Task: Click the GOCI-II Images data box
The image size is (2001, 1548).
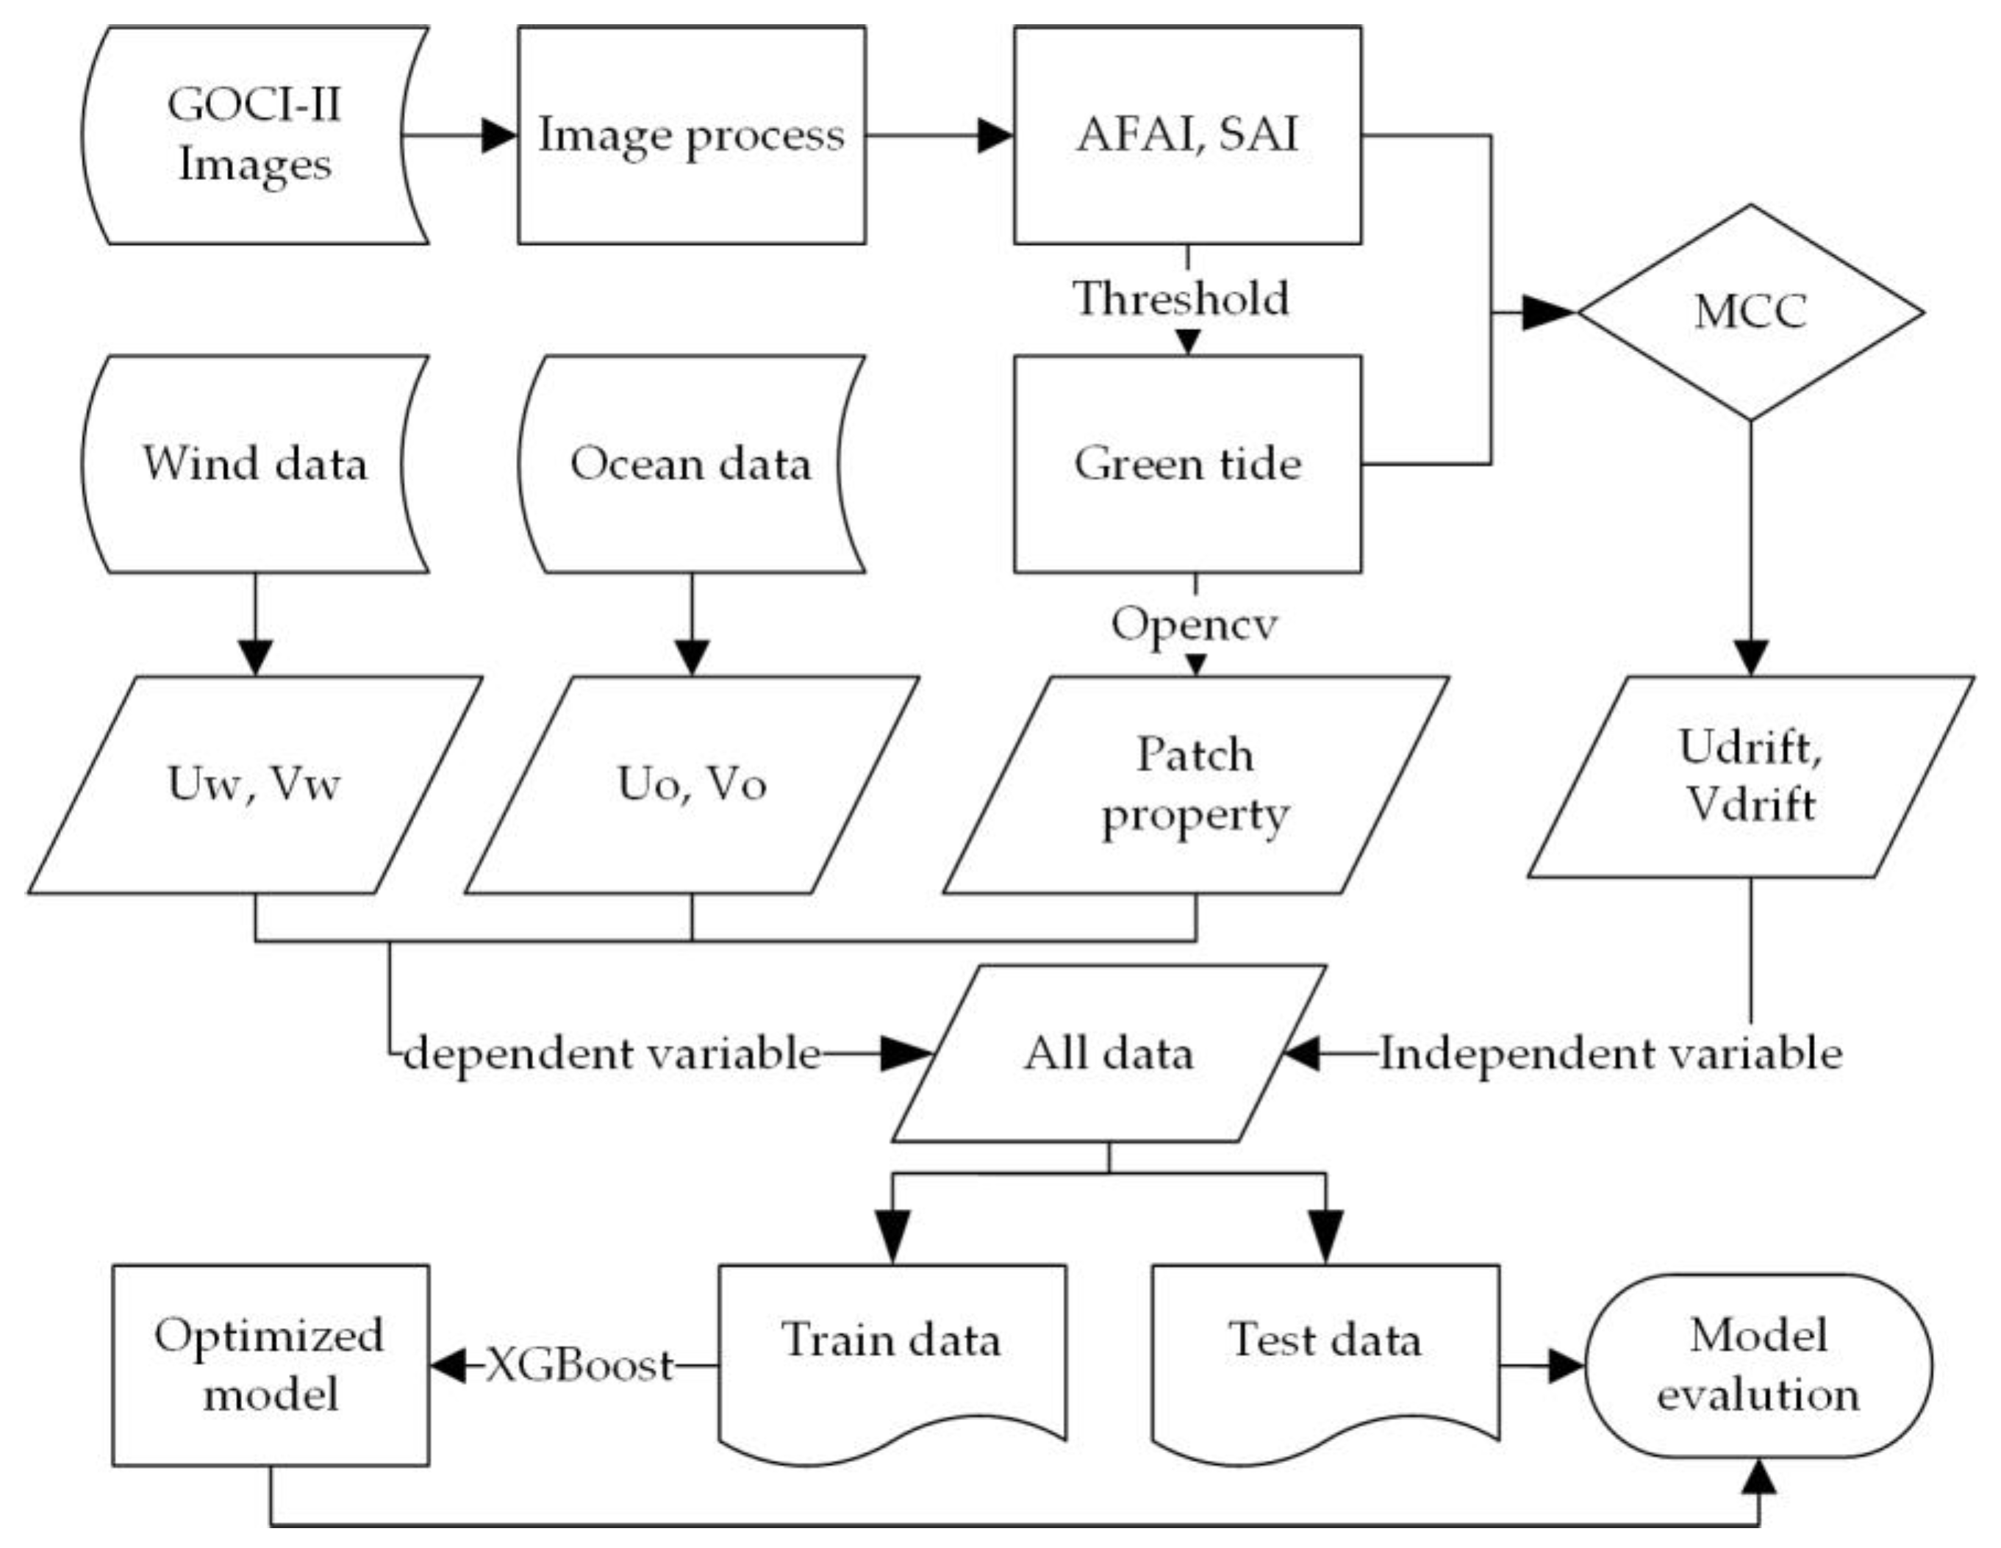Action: [x=254, y=135]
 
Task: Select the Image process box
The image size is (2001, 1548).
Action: [x=692, y=135]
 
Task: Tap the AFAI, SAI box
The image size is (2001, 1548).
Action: [x=1187, y=135]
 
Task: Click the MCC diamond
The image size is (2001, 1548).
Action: [x=1750, y=312]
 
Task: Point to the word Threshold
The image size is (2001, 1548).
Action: [x=1182, y=298]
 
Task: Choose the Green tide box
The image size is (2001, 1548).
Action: [x=1187, y=464]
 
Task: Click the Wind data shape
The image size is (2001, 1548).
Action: [x=254, y=464]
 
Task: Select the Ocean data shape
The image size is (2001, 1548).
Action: [x=692, y=464]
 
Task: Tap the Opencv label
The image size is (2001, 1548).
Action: [x=1194, y=625]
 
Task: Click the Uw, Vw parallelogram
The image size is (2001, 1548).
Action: [x=254, y=785]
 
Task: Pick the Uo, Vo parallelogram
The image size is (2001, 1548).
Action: [x=692, y=785]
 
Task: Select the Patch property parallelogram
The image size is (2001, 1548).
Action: [x=1195, y=785]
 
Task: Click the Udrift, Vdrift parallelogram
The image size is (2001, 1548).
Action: [x=1750, y=777]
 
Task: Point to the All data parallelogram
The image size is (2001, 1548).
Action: [x=1109, y=1053]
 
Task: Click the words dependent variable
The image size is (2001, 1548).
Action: [x=612, y=1053]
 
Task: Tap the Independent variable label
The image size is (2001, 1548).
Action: [x=1611, y=1053]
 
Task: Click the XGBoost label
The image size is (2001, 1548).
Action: [x=579, y=1366]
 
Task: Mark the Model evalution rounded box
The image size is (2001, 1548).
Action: [x=1758, y=1366]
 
